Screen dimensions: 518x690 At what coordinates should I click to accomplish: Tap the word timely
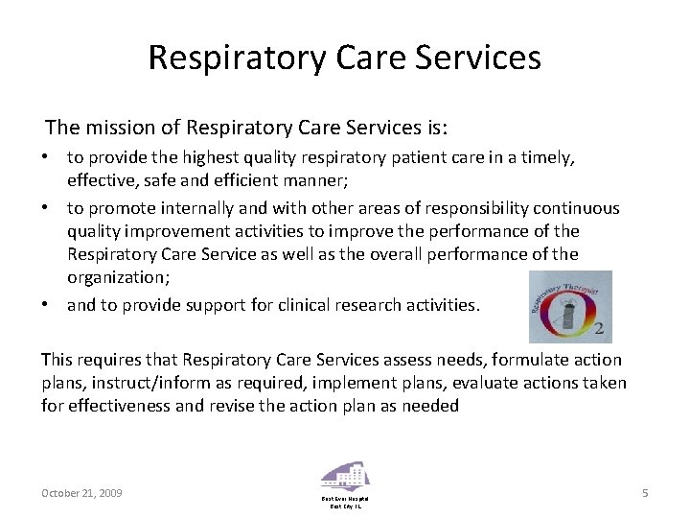click(x=547, y=156)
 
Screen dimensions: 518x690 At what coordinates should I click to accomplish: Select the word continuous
click(x=578, y=208)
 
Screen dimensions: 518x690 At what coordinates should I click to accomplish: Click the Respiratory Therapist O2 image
click(x=570, y=307)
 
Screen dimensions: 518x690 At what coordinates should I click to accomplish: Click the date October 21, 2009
click(x=81, y=493)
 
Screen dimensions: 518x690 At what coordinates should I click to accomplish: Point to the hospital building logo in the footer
click(x=345, y=477)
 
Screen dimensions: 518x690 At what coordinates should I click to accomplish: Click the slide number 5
click(x=645, y=493)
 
